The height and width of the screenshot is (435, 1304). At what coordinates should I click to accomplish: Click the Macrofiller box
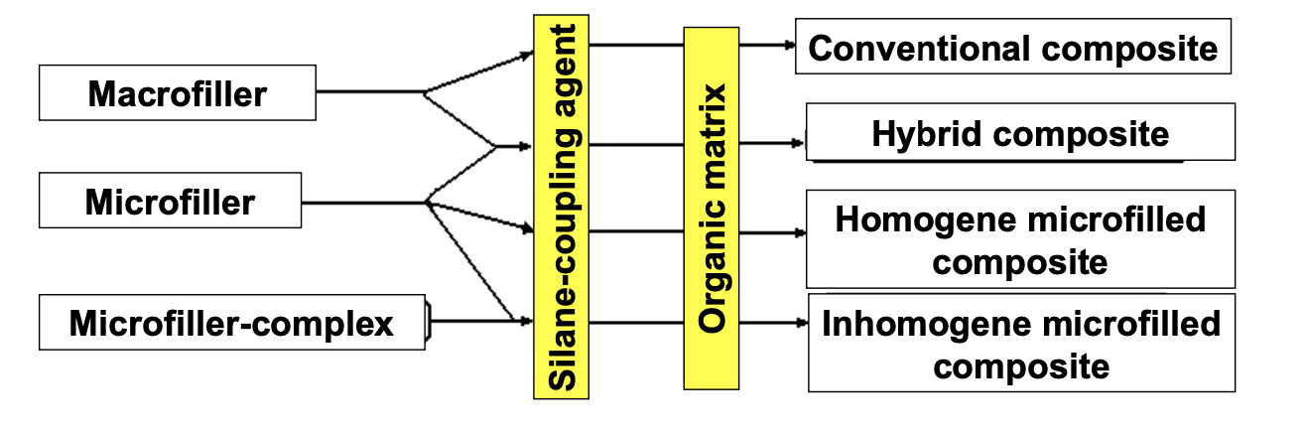pyautogui.click(x=177, y=93)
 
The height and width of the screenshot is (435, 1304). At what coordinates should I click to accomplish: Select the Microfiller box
pyautogui.click(x=170, y=202)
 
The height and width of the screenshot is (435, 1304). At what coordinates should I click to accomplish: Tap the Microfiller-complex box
pyautogui.click(x=231, y=322)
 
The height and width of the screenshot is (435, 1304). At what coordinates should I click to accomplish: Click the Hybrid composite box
pyautogui.click(x=1020, y=132)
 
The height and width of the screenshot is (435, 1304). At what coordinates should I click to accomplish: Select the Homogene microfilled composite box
pyautogui.click(x=1020, y=239)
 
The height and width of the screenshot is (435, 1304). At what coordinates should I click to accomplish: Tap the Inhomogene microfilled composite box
pyautogui.click(x=1020, y=343)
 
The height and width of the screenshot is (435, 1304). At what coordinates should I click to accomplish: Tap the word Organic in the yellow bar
pyautogui.click(x=713, y=273)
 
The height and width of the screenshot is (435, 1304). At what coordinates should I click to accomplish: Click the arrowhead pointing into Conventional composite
pyautogui.click(x=789, y=45)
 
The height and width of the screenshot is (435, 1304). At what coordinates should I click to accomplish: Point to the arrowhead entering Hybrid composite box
pyautogui.click(x=799, y=143)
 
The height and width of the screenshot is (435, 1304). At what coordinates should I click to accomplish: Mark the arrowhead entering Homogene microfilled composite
pyautogui.click(x=799, y=233)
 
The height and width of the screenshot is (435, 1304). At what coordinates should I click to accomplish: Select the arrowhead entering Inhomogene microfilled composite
pyautogui.click(x=801, y=321)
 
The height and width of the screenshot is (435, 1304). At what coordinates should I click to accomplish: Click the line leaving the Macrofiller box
pyautogui.click(x=367, y=92)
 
